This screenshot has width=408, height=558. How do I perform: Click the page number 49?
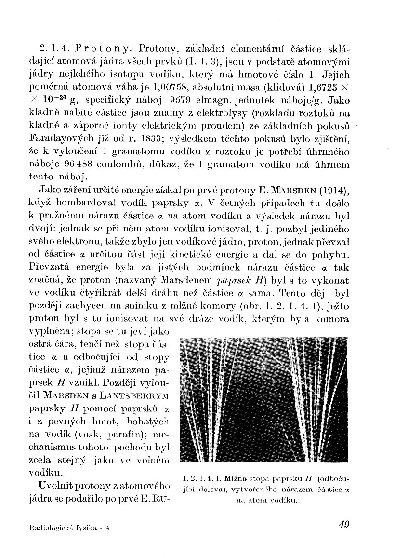click(343, 525)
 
